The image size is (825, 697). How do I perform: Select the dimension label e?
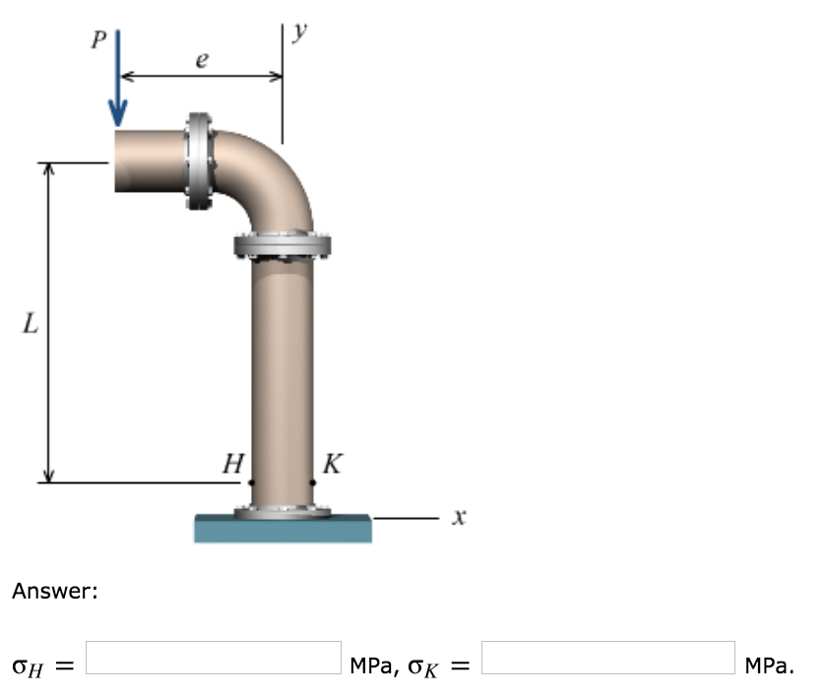click(202, 61)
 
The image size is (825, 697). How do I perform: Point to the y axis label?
click(299, 33)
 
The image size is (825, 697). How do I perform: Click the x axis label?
click(456, 516)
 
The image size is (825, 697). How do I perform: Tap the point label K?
click(333, 464)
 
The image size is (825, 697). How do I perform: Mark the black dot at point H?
click(251, 482)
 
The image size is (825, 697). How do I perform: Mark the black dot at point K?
click(313, 482)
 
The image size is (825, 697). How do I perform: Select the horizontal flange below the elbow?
click(283, 245)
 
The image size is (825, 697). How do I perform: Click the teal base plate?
click(283, 529)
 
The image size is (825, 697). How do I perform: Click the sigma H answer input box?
click(214, 658)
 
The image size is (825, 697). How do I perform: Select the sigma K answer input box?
click(607, 658)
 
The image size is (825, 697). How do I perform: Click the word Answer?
click(55, 592)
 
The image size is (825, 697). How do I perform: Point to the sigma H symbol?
click(30, 666)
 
